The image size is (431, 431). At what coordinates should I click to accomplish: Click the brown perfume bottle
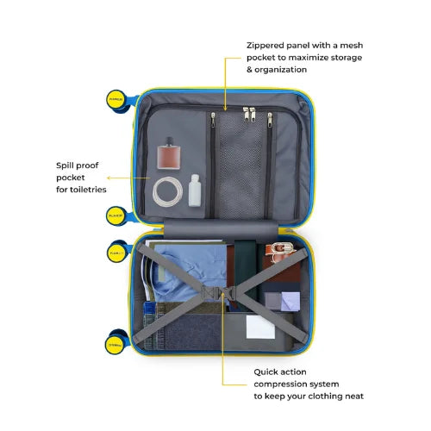tap(169, 153)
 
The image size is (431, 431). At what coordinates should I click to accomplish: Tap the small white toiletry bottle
tap(195, 191)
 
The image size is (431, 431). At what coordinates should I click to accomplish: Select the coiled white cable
tap(167, 191)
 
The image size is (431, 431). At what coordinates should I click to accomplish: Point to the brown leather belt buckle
tap(281, 249)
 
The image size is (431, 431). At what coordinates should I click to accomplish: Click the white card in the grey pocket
tap(260, 327)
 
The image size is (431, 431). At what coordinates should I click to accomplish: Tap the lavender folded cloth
tap(290, 301)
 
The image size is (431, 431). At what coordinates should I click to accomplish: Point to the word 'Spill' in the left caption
tap(65, 166)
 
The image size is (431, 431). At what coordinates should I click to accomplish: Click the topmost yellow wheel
tap(116, 100)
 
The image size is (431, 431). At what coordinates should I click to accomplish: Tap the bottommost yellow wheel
tap(115, 345)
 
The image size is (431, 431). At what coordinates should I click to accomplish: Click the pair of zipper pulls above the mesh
tap(249, 114)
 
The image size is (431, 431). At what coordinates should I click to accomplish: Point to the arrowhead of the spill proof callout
tap(109, 178)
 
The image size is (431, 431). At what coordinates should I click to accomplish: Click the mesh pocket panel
tap(241, 166)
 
